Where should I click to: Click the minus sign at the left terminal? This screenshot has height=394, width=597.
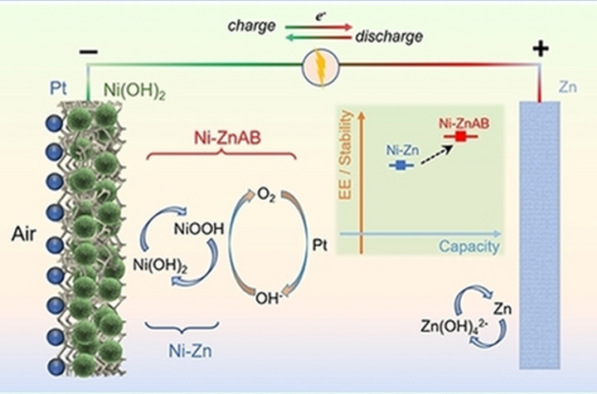[88, 51]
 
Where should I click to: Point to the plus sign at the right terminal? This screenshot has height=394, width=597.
[541, 50]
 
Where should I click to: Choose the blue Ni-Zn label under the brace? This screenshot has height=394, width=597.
[181, 351]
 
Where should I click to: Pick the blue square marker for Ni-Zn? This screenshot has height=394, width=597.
[400, 166]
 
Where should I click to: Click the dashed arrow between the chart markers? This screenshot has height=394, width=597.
[429, 152]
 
